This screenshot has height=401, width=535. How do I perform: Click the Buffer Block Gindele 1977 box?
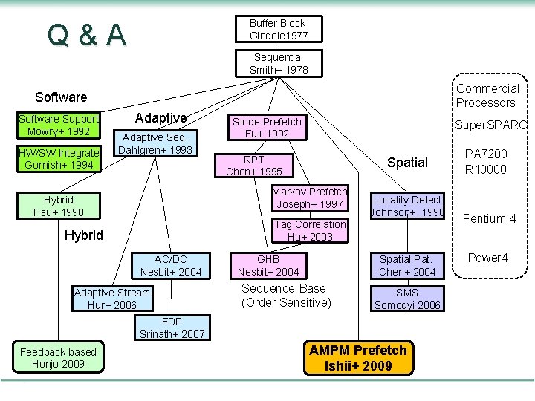[278, 30]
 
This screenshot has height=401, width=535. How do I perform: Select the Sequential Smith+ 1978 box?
[278, 63]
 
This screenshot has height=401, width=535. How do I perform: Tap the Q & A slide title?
[86, 35]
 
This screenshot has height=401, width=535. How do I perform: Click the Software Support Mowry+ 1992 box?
[58, 125]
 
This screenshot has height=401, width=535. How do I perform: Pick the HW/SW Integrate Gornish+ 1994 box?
[58, 159]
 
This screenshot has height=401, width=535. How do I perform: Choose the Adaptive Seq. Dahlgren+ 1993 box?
[156, 143]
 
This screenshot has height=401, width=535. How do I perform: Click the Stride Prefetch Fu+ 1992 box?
[267, 128]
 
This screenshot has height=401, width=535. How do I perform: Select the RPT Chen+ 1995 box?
[253, 166]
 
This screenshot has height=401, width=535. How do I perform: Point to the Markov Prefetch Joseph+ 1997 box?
[309, 198]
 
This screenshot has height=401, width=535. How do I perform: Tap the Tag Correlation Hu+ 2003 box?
[310, 230]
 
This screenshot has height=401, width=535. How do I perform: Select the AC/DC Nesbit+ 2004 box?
[171, 266]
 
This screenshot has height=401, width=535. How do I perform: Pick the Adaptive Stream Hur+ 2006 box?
[111, 299]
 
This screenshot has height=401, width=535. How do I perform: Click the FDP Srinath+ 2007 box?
[172, 327]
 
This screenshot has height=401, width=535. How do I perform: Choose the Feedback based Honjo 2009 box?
[58, 357]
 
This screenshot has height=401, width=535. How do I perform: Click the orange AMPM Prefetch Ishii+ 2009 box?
[358, 357]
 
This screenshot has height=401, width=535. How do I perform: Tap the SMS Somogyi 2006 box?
[407, 299]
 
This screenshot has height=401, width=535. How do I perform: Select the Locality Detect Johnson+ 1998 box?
[407, 206]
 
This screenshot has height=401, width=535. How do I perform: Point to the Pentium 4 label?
[489, 218]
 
